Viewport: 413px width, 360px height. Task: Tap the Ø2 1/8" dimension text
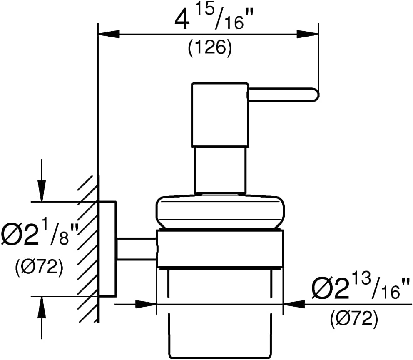pyautogui.click(x=40, y=234)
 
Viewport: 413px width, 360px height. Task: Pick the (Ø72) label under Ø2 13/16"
pyautogui.click(x=354, y=319)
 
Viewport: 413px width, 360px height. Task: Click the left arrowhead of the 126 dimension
pyautogui.click(x=109, y=34)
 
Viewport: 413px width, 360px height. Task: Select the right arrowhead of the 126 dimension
pyautogui.click(x=308, y=34)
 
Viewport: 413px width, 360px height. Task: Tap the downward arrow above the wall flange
pyautogui.click(x=42, y=180)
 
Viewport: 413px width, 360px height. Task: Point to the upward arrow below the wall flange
pyautogui.click(x=42, y=317)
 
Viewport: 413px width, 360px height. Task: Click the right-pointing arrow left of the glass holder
pyautogui.click(x=136, y=304)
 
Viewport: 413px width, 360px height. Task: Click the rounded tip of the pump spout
pyautogui.click(x=316, y=95)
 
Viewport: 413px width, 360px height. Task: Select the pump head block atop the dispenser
pyautogui.click(x=220, y=115)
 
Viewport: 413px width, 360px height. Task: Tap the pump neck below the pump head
pyautogui.click(x=220, y=170)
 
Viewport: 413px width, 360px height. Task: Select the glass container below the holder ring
pyautogui.click(x=220, y=314)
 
